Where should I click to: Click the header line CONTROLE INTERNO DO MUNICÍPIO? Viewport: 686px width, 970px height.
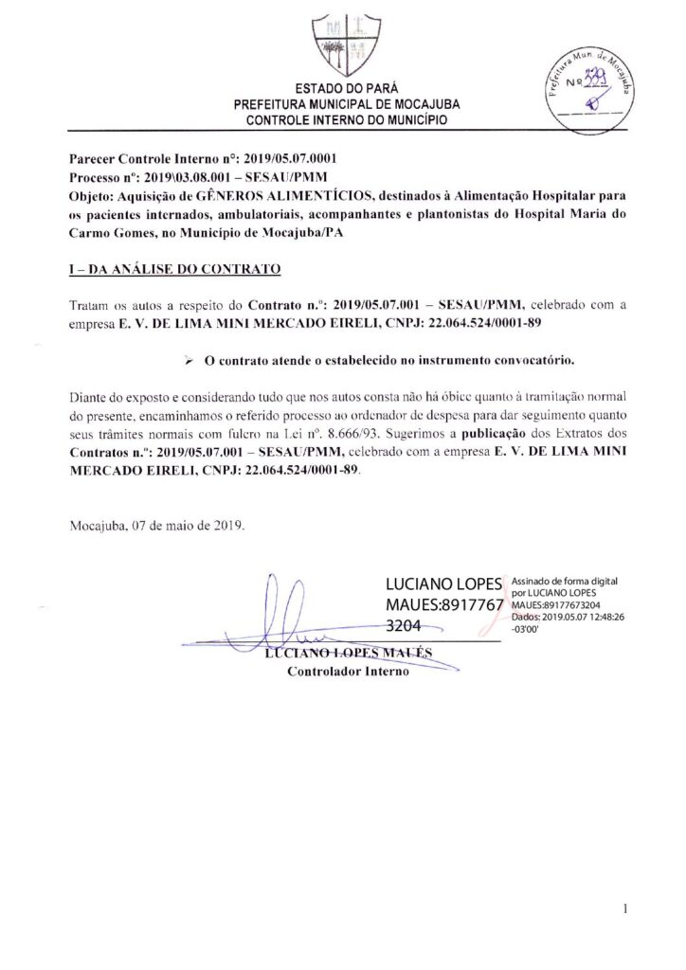[342, 120]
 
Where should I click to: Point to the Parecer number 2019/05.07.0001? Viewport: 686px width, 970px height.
[284, 161]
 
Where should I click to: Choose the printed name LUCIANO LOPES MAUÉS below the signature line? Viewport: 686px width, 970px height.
[348, 655]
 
